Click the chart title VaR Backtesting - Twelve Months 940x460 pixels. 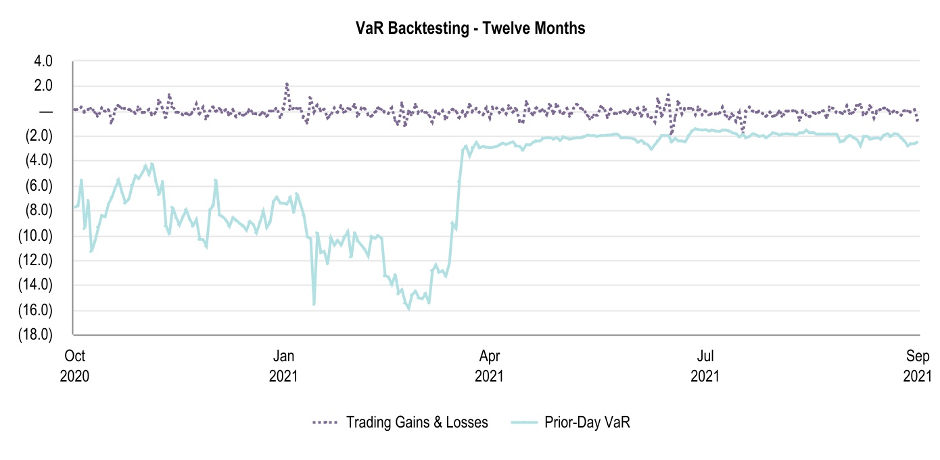470,28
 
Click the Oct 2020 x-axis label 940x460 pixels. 75,365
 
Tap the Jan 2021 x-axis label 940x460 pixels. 282,365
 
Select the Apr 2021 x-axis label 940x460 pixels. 490,365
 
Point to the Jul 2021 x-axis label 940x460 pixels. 704,365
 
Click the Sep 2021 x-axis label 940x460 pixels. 916,365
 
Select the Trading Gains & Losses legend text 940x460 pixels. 417,423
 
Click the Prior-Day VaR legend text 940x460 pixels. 587,423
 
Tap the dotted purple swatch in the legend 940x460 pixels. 325,423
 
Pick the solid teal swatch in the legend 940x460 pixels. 521,423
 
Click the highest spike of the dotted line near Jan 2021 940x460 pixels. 287,84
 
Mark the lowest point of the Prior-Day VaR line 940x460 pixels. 408,308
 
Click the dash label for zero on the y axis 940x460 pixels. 47,111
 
